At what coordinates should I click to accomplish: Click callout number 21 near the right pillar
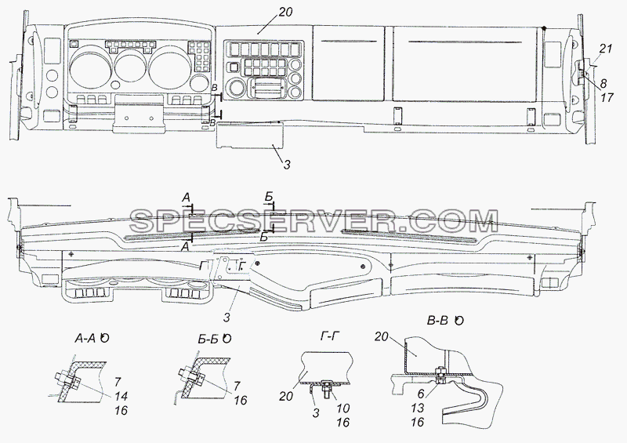[x=606, y=49]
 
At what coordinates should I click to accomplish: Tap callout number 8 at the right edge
[x=603, y=83]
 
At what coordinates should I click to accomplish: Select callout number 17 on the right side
[x=607, y=97]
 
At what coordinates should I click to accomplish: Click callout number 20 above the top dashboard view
[x=285, y=13]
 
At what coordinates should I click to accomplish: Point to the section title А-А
[x=85, y=339]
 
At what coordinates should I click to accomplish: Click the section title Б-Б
[x=208, y=339]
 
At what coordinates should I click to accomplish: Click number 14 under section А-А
[x=121, y=396]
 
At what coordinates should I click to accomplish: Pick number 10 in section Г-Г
[x=342, y=409]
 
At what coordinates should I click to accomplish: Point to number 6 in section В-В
[x=421, y=394]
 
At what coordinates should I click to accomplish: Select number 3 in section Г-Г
[x=316, y=413]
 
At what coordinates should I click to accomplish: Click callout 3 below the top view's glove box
[x=287, y=164]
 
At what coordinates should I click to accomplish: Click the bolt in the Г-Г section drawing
[x=325, y=389]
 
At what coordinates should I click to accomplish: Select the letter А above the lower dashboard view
[x=187, y=198]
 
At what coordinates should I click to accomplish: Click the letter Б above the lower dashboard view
[x=268, y=197]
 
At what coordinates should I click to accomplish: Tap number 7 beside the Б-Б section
[x=237, y=386]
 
